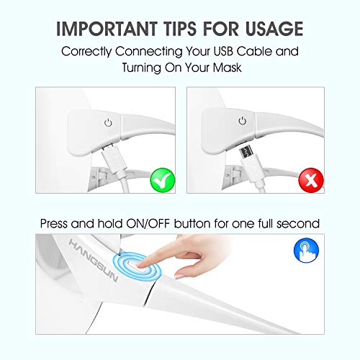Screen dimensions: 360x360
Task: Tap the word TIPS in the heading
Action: [x=183, y=28]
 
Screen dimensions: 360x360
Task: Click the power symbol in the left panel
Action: [x=107, y=122]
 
